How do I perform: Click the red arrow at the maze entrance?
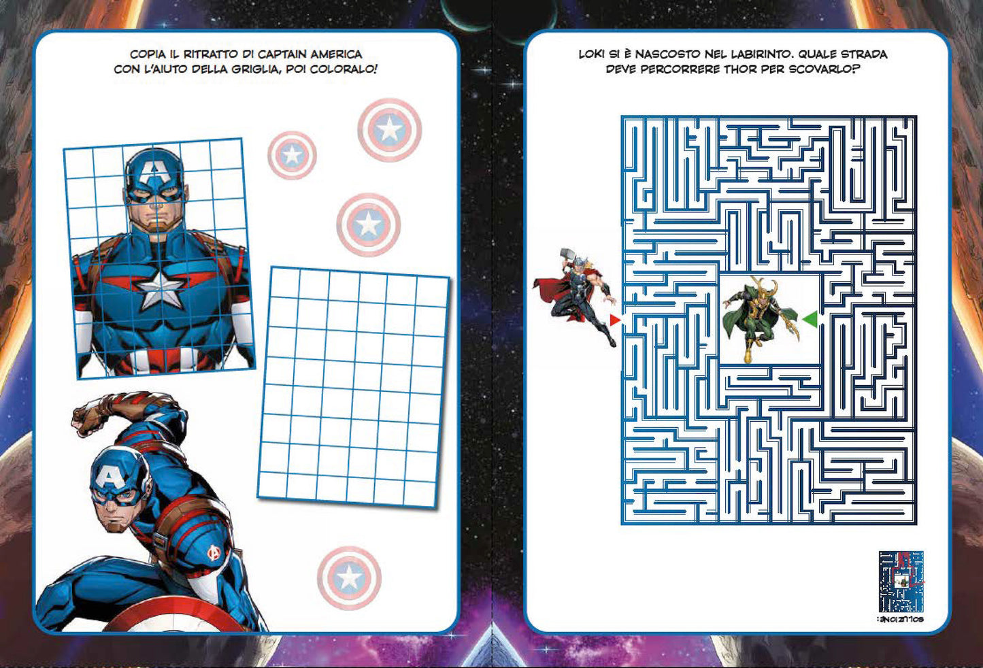(x=614, y=320)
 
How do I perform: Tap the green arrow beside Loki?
(x=810, y=319)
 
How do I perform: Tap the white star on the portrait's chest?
(x=161, y=288)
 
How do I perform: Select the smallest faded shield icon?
(x=292, y=155)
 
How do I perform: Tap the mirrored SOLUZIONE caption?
(x=900, y=620)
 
